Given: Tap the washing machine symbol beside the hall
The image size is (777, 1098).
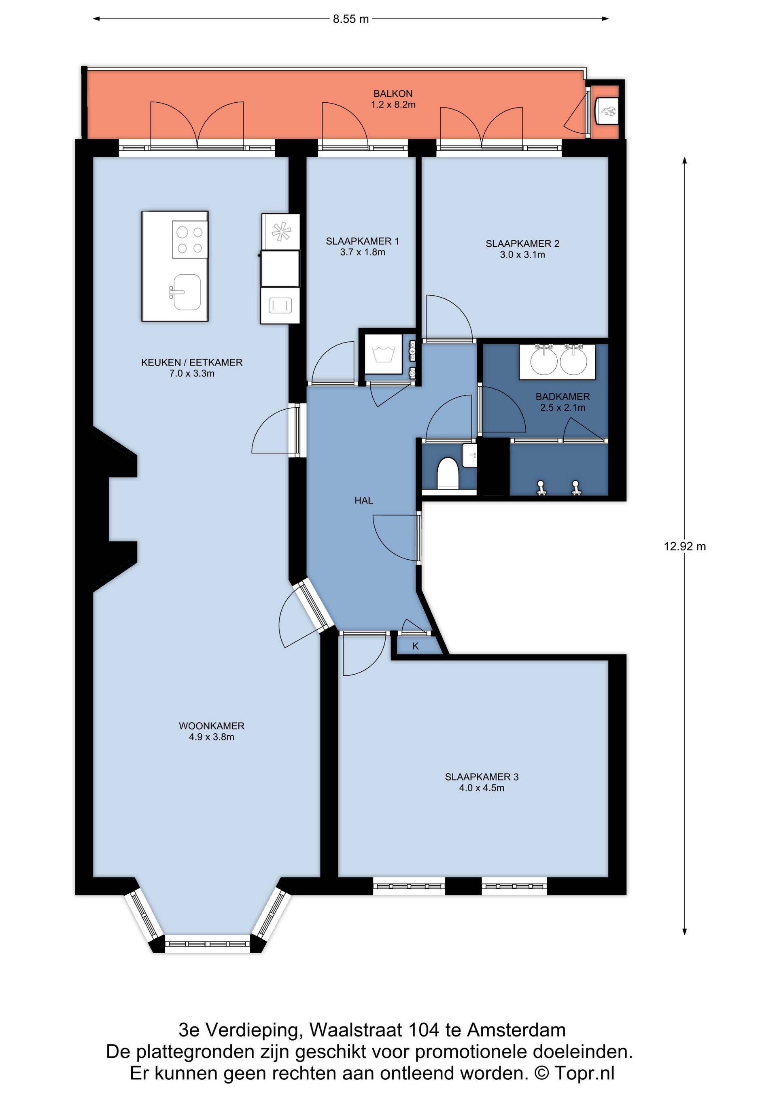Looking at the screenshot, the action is pyautogui.click(x=383, y=354).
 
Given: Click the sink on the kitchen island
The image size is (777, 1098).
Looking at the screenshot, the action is pyautogui.click(x=186, y=292).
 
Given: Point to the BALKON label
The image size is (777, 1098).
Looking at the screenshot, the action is pyautogui.click(x=393, y=94).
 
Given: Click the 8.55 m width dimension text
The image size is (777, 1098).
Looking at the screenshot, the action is pyautogui.click(x=351, y=19).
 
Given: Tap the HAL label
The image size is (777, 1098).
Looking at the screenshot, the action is pyautogui.click(x=364, y=500).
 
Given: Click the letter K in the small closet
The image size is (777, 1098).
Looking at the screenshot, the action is pyautogui.click(x=415, y=646).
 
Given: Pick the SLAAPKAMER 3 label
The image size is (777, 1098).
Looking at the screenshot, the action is pyautogui.click(x=482, y=776).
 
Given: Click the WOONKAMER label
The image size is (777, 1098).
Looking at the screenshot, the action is pyautogui.click(x=212, y=726).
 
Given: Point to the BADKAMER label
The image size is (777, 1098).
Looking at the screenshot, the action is pyautogui.click(x=563, y=396).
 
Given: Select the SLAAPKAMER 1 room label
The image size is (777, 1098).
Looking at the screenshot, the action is pyautogui.click(x=362, y=241).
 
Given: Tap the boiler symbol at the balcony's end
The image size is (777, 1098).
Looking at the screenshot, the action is pyautogui.click(x=606, y=111).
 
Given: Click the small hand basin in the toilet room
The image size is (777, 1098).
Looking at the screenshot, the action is pyautogui.click(x=469, y=455).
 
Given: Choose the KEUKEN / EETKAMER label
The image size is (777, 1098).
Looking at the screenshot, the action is pyautogui.click(x=192, y=362).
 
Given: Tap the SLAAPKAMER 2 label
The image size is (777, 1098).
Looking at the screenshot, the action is pyautogui.click(x=522, y=243).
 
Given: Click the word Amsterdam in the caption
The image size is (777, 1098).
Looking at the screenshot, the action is pyautogui.click(x=516, y=1030).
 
